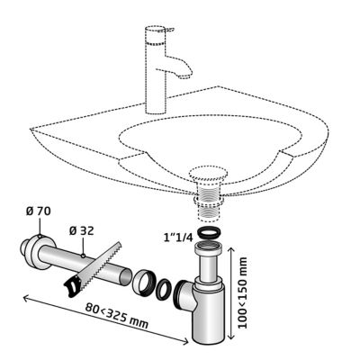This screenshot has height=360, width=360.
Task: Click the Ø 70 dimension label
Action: [x=39, y=211]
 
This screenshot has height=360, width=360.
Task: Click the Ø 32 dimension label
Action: [x=81, y=231]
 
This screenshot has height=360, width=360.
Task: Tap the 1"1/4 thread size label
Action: [x=178, y=238]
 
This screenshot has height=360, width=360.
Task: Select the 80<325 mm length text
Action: [x=116, y=316]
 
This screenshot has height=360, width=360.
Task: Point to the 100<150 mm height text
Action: [x=242, y=292]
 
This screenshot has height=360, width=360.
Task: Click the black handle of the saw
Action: [x=73, y=286]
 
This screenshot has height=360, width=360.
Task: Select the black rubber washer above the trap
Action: [x=208, y=233]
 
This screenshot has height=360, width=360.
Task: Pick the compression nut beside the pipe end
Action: [x=143, y=283]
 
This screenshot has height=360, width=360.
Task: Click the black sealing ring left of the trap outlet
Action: [x=164, y=289]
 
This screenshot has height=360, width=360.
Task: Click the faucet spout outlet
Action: [x=185, y=76]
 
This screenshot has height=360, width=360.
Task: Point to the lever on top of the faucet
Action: [x=166, y=30]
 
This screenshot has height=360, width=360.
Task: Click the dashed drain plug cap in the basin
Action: [x=208, y=174]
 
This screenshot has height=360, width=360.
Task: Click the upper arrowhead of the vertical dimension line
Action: [x=230, y=250]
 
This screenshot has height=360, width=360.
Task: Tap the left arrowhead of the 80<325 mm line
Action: [x=26, y=298]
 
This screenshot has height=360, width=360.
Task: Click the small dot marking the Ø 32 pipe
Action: [x=83, y=256]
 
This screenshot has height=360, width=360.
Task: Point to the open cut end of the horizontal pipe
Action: [x=125, y=277]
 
